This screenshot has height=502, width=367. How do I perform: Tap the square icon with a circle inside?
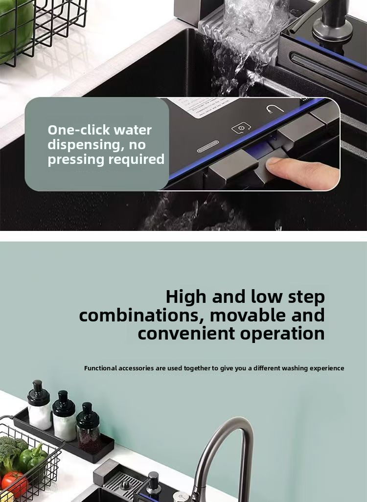pyautogui.click(x=241, y=128)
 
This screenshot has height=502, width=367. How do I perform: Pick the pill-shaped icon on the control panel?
pyautogui.click(x=208, y=146)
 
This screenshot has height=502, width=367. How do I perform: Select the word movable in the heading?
pyautogui.click(x=248, y=315)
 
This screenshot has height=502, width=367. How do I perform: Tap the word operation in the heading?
pyautogui.click(x=282, y=334)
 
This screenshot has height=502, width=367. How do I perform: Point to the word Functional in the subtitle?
pyautogui.click(x=100, y=368)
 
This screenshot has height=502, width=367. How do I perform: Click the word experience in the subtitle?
pyautogui.click(x=326, y=368)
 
